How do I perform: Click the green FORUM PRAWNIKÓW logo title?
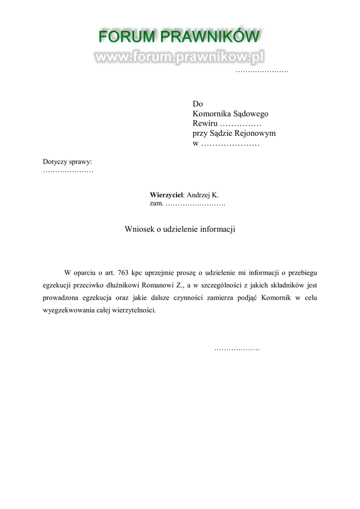point(179,37)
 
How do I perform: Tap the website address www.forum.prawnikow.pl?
point(179,57)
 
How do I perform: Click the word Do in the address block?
point(198,104)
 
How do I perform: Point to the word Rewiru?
point(204,124)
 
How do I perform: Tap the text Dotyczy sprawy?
point(68,162)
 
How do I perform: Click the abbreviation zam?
point(157,204)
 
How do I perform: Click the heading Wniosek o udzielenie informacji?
point(180,229)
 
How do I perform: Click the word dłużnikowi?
point(122,285)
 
